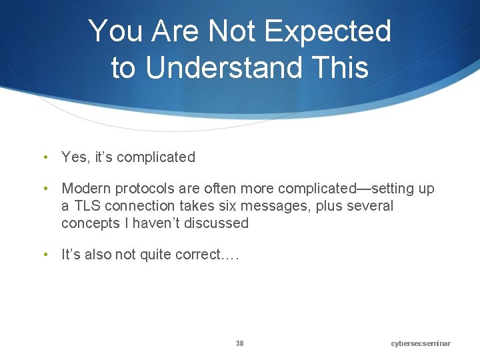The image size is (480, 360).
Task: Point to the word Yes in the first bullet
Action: tap(74, 157)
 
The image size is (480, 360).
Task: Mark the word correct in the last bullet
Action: tap(193, 255)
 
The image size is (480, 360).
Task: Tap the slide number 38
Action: tap(239, 343)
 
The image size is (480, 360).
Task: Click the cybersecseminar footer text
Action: tap(421, 343)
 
